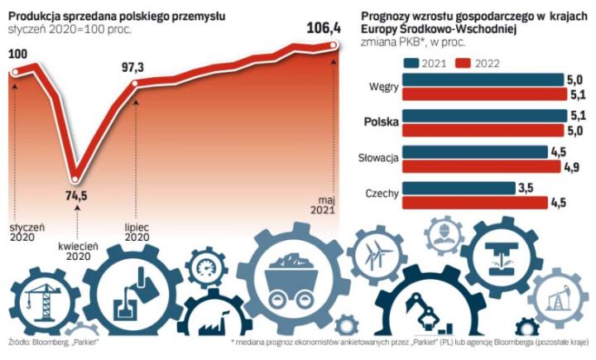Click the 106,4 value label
(x=317, y=30)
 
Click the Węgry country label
(x=385, y=87)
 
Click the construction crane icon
(x=40, y=298)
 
